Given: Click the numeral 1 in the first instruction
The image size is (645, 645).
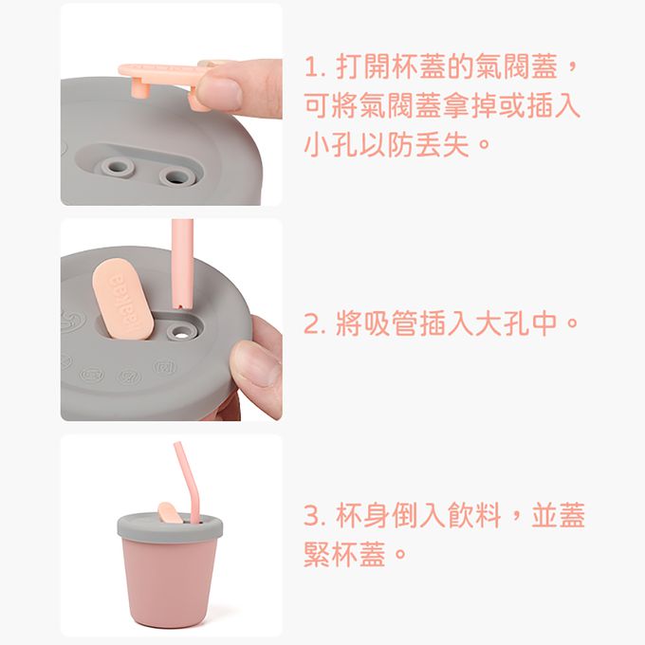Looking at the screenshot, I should click(312, 68).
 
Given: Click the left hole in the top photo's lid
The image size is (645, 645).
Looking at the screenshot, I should click(118, 168).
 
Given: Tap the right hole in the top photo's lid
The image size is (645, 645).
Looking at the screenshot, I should click(174, 175).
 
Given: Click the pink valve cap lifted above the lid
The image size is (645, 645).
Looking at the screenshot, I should click(157, 71).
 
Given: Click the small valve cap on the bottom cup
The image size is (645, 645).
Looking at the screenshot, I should click(168, 513).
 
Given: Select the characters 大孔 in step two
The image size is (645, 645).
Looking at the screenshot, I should click(488, 324).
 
